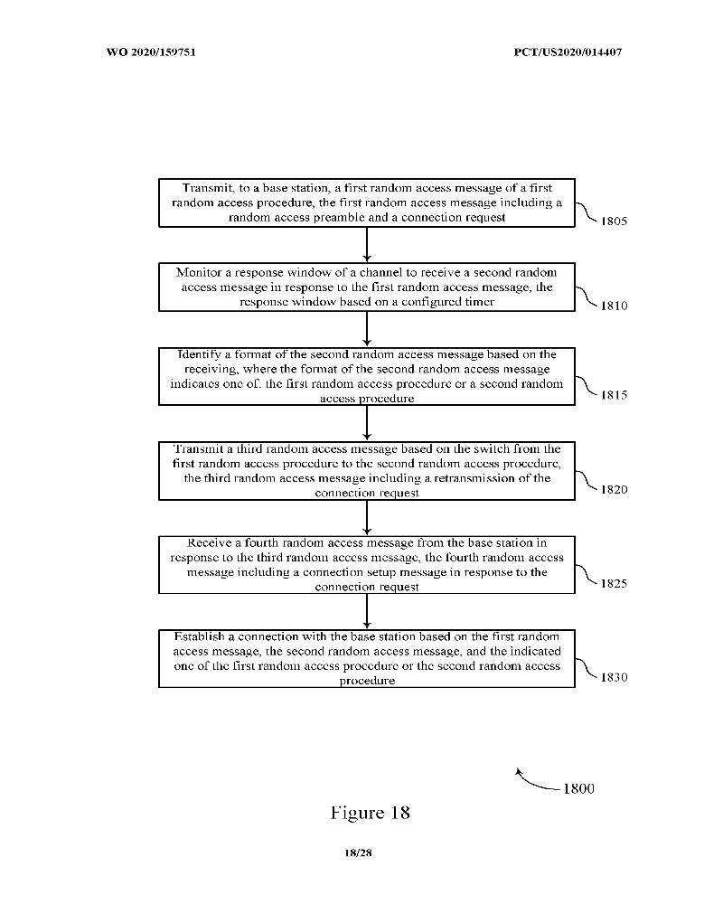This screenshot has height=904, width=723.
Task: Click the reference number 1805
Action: click(614, 221)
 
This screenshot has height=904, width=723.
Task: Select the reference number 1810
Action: click(614, 306)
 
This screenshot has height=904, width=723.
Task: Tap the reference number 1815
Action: click(614, 395)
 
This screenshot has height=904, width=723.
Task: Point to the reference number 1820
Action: click(614, 489)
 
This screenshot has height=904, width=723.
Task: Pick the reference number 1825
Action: click(614, 583)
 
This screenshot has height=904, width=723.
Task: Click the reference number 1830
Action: click(614, 677)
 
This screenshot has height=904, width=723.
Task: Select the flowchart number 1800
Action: click(579, 788)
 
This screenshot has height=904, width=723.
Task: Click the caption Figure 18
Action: click(371, 813)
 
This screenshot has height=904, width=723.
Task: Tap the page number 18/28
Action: click(358, 852)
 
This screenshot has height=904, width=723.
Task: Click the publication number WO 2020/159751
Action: click(151, 52)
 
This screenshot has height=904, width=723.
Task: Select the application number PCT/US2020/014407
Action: click(568, 52)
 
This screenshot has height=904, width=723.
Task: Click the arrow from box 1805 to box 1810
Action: click(367, 245)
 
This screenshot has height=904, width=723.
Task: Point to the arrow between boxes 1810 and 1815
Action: click(367, 329)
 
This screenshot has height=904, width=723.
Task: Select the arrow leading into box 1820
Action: click(367, 423)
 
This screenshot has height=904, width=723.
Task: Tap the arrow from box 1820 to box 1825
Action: click(367, 518)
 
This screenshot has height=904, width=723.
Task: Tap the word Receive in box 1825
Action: click(209, 542)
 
